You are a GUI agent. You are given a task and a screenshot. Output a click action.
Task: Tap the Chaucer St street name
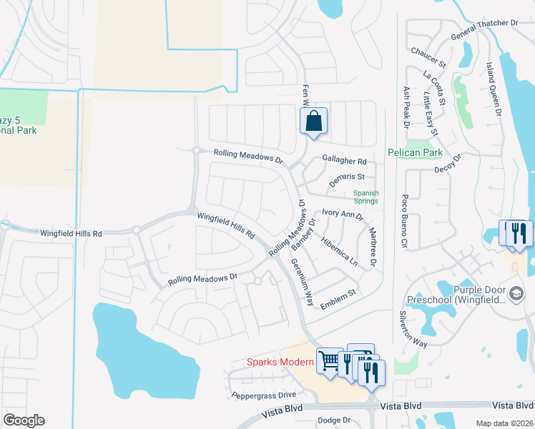428,56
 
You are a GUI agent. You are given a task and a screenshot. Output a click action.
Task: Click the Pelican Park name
416,152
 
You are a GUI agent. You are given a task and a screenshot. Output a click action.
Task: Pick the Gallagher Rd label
344,162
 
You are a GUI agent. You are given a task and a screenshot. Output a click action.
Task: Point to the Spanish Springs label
365,197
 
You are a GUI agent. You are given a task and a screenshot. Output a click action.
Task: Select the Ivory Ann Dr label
343,213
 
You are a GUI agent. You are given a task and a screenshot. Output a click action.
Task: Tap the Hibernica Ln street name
340,251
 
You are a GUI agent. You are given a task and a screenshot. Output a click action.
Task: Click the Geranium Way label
303,282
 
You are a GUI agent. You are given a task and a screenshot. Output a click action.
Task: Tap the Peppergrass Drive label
263,395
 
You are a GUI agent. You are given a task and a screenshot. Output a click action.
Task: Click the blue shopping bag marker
313,122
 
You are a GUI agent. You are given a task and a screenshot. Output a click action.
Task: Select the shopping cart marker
330,361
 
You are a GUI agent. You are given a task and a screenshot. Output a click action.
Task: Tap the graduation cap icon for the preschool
516,294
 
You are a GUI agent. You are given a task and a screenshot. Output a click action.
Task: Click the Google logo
24,420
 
